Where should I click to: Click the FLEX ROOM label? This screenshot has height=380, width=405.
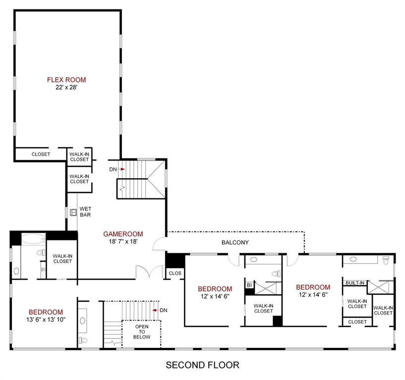click(66, 80)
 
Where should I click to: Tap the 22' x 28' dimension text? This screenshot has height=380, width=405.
click(66, 87)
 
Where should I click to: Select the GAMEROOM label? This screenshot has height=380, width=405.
click(123, 234)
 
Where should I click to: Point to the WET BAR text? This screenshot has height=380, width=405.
click(85, 212)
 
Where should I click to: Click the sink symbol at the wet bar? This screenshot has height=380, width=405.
click(72, 212)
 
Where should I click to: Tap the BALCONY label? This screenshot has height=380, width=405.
click(235, 242)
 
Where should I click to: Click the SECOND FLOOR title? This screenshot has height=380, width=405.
click(202, 366)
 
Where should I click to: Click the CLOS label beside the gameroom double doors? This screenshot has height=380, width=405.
click(175, 273)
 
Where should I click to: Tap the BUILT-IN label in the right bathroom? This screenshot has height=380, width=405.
click(355, 283)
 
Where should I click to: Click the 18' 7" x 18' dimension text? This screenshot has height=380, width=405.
click(123, 241)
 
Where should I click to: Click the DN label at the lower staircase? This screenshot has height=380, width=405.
click(164, 310)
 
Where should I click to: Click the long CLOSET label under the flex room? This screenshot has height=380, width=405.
click(41, 154)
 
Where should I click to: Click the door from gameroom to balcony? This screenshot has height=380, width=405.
click(160, 243)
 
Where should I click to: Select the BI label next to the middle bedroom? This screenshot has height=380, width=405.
click(249, 285)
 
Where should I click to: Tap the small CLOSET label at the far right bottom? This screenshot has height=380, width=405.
click(357, 322)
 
